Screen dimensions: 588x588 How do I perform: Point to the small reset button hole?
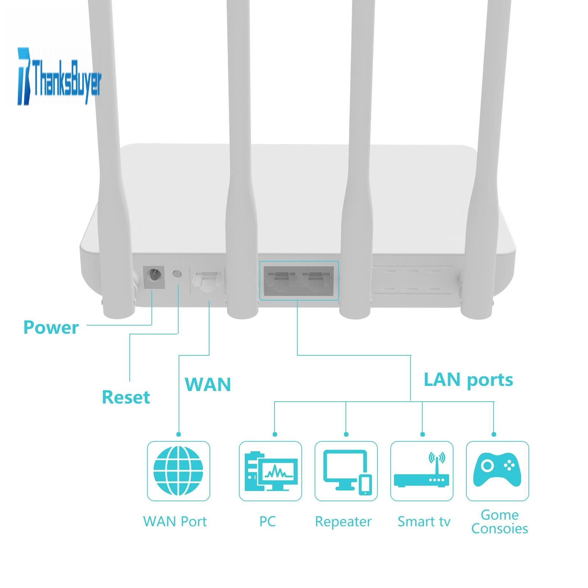[177, 274]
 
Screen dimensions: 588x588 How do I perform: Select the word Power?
[51, 327]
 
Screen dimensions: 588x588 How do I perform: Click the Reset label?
[126, 397]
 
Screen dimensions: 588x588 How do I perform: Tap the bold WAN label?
[208, 384]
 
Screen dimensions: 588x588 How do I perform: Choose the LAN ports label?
[468, 380]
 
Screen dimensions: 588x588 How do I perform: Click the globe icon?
[178, 471]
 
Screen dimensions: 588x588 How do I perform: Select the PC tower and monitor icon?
[271, 471]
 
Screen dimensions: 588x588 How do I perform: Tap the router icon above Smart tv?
[422, 470]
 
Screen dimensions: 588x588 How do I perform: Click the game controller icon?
[497, 469]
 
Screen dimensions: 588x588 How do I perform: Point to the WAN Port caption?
[175, 521]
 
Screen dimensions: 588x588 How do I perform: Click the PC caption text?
[268, 521]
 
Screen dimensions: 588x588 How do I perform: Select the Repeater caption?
[343, 522]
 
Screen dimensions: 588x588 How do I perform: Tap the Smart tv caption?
[424, 521]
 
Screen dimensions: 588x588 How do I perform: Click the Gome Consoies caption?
[500, 522]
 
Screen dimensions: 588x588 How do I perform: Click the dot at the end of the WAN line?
[179, 434]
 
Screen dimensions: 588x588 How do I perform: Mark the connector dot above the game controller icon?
[494, 434]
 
